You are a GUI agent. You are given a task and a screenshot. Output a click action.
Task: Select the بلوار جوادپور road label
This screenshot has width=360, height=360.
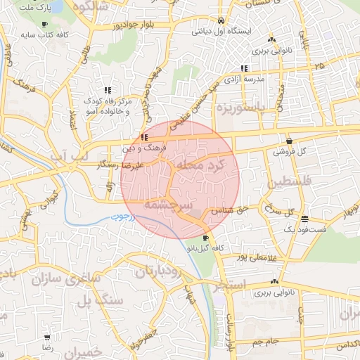[143, 25]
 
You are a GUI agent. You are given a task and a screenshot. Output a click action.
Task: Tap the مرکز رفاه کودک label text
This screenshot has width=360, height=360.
[108, 102]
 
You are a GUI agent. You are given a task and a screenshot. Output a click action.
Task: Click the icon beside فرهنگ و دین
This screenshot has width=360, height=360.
[144, 138]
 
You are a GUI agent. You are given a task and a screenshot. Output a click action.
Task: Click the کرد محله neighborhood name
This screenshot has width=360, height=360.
[203, 164]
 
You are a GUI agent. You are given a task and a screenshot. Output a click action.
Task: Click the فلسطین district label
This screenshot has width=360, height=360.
[285, 184]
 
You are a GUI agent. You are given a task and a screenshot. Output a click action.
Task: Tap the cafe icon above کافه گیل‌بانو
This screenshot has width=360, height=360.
[205, 238]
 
